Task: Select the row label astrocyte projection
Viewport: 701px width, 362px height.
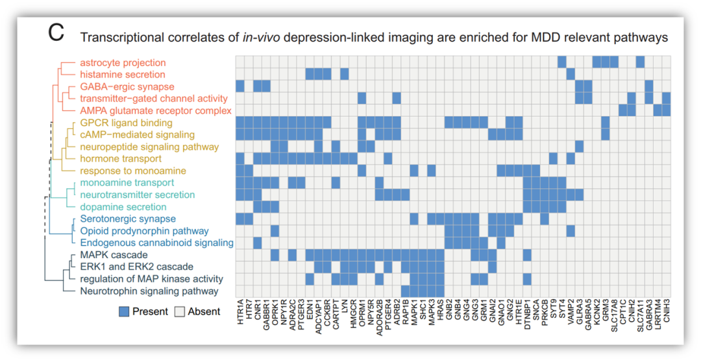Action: click(x=123, y=63)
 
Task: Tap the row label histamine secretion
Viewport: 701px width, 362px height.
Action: click(x=123, y=75)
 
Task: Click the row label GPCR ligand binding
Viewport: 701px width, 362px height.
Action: click(x=127, y=123)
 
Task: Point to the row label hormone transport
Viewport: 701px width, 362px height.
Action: click(x=121, y=159)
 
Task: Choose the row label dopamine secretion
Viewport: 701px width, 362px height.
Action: click(x=123, y=207)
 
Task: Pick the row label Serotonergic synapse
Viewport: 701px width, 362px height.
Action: click(x=128, y=219)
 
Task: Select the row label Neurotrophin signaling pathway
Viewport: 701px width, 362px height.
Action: click(x=149, y=291)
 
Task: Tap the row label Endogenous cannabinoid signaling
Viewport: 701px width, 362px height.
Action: click(x=156, y=243)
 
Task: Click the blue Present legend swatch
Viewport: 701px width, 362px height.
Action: click(x=124, y=312)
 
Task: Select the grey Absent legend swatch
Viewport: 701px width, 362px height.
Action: click(x=181, y=312)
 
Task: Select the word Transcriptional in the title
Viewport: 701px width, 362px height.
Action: click(x=122, y=38)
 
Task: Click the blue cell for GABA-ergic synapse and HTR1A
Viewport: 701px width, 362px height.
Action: click(x=240, y=86)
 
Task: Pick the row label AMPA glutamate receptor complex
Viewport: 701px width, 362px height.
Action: click(x=156, y=111)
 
